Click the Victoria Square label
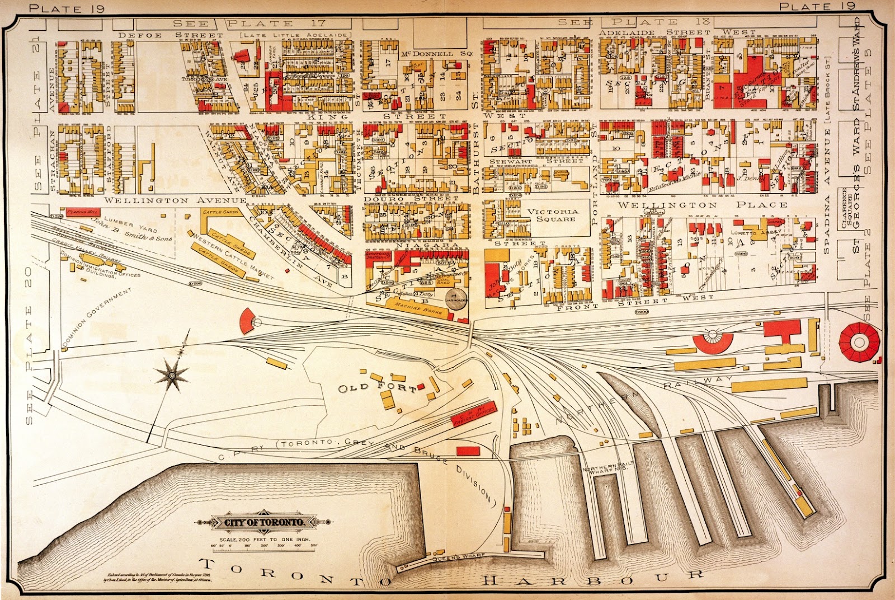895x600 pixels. [553, 215]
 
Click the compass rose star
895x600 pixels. [172, 374]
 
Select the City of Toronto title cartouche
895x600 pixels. [265, 522]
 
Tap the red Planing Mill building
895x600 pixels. [83, 213]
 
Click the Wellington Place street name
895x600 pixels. [701, 205]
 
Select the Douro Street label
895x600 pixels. [411, 198]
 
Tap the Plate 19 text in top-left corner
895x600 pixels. [63, 8]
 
